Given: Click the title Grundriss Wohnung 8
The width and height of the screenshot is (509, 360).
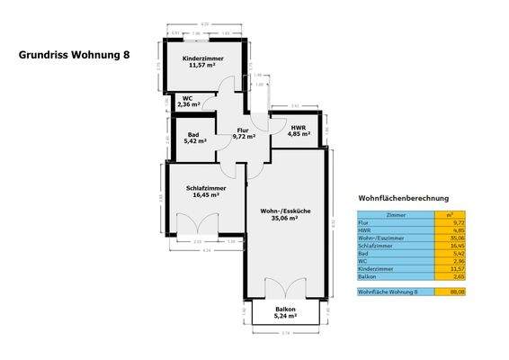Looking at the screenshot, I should (x=75, y=54).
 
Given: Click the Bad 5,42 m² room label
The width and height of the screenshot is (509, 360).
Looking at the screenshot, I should (x=195, y=138).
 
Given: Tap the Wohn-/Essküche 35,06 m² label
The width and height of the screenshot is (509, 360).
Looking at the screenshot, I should (x=286, y=213).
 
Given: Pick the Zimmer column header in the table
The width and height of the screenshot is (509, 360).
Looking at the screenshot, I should (x=395, y=215).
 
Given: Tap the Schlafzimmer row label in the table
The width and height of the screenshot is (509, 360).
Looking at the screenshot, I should (x=376, y=246).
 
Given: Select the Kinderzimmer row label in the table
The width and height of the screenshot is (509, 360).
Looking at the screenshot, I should (x=374, y=269).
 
